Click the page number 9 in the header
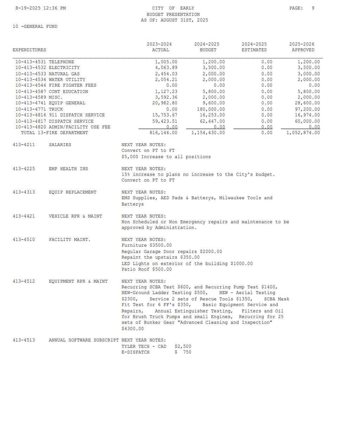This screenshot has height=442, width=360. [x=313, y=8]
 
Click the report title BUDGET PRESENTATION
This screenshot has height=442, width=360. [x=173, y=14]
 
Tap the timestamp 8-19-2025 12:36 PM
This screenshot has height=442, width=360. [x=40, y=8]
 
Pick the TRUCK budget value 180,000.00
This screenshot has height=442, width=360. [x=211, y=109]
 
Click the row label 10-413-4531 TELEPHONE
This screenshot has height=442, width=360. [x=45, y=62]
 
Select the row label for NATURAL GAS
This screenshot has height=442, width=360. [x=47, y=74]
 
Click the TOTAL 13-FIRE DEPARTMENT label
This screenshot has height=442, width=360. [x=54, y=133]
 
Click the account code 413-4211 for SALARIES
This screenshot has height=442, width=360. [x=24, y=145]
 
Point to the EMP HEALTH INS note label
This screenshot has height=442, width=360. [x=68, y=169]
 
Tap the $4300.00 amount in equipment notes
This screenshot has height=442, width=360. [x=133, y=329]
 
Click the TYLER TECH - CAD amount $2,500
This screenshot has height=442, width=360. [x=183, y=347]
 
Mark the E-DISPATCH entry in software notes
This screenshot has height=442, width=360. [x=136, y=352]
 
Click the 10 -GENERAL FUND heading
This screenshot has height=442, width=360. [x=35, y=26]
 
